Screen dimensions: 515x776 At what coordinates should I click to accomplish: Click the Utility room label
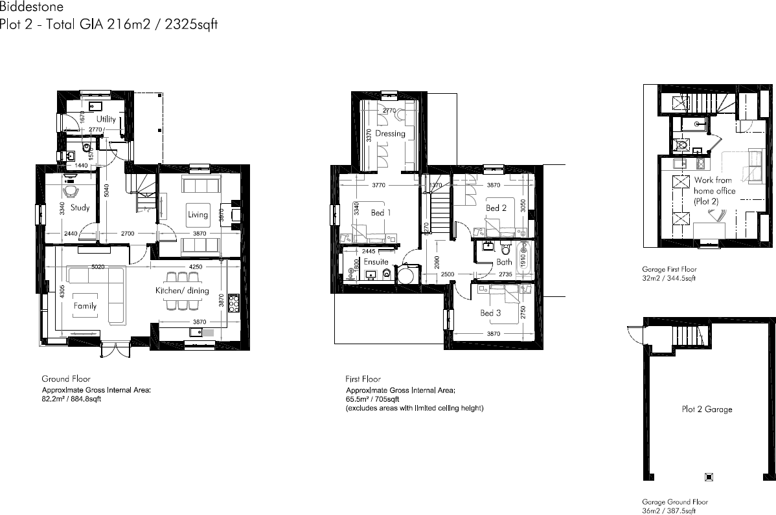point(106,119)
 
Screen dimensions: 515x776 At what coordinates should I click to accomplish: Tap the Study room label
point(80,208)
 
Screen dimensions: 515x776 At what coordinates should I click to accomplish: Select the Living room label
point(198,215)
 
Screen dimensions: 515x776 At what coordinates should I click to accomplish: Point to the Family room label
point(85,306)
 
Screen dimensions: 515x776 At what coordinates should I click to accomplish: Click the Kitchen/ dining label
point(181,290)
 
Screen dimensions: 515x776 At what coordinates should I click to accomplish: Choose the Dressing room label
point(390,133)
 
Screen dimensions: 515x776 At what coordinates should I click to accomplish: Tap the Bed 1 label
point(381,212)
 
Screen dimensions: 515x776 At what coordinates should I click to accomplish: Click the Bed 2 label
point(496,208)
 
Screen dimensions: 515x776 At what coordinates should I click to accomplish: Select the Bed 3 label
point(490,313)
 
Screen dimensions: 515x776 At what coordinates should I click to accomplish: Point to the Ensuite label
point(376,262)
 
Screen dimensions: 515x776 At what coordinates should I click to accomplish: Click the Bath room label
point(504,262)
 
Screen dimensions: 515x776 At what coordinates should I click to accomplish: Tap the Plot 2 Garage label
point(707,409)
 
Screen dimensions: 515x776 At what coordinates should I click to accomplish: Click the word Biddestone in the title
point(32,8)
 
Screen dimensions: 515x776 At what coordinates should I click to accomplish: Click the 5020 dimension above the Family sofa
point(98,267)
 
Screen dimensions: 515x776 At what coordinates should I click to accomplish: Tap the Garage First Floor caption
point(669,269)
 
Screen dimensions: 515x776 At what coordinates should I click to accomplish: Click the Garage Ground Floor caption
point(674,501)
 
